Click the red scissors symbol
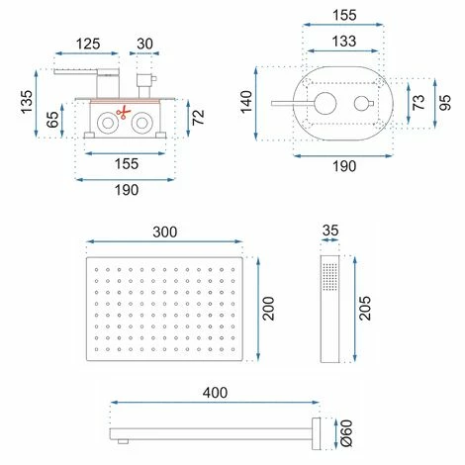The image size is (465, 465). (124, 112)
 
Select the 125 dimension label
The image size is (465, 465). (88, 44)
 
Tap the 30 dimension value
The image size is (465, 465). (144, 44)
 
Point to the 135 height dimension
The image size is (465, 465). (27, 102)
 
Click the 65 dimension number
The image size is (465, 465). (52, 120)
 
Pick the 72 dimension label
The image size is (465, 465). (198, 118)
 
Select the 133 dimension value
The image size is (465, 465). (344, 42)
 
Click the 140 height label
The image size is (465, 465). (246, 102)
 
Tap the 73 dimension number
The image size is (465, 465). (418, 102)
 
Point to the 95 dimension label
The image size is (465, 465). (445, 103)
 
